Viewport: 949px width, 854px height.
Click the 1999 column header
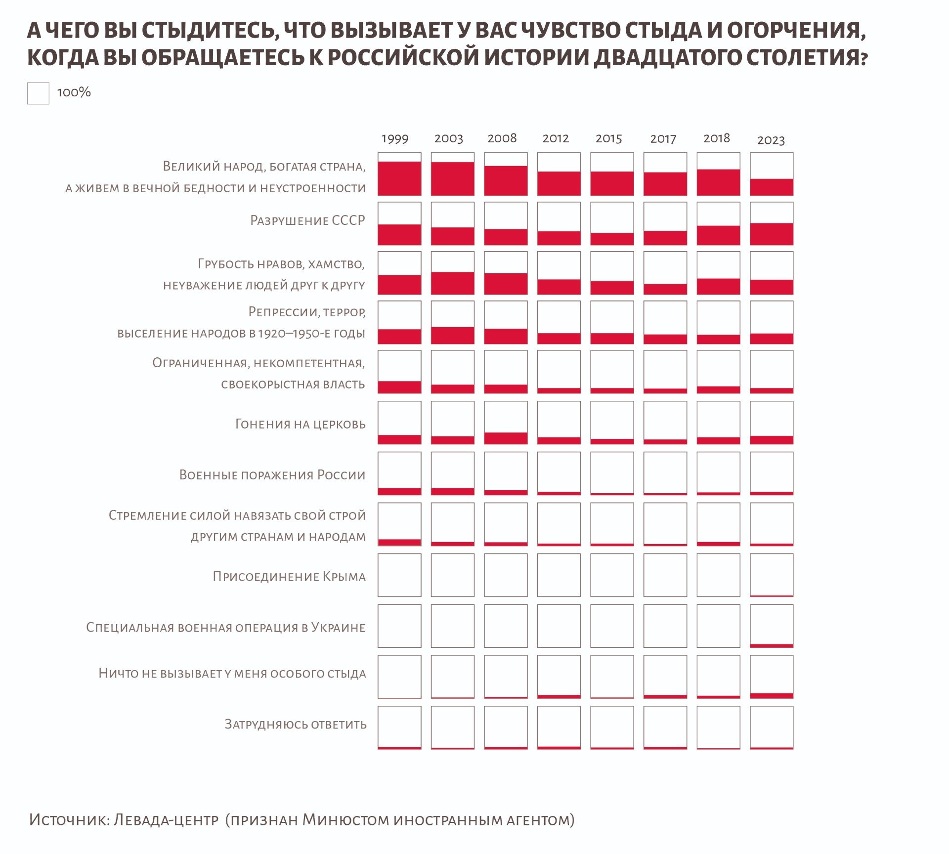point(395,139)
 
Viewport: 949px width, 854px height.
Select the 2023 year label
point(771,140)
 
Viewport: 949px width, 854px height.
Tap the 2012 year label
point(556,139)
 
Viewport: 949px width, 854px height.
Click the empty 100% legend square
point(38,93)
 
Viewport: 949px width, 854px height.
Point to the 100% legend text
point(74,92)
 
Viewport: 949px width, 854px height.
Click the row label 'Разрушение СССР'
point(307,220)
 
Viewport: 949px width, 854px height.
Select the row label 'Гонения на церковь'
point(300,424)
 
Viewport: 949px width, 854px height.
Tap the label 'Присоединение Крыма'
point(289,576)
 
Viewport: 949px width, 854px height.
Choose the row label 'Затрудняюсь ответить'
point(296,725)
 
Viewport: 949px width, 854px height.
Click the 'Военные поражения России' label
point(272,475)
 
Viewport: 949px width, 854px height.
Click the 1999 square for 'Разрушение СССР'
point(399,223)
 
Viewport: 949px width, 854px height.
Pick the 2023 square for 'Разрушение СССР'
point(772,223)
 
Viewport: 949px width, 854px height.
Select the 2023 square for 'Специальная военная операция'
point(772,626)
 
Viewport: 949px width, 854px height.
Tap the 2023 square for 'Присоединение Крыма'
point(772,575)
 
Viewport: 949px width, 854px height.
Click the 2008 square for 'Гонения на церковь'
point(506,423)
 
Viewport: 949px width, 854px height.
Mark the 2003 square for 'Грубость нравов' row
point(452,273)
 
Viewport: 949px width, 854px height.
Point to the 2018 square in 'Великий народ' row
point(718,174)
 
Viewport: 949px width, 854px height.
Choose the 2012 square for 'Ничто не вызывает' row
point(559,677)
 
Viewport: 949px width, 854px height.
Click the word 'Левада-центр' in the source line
point(166,820)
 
